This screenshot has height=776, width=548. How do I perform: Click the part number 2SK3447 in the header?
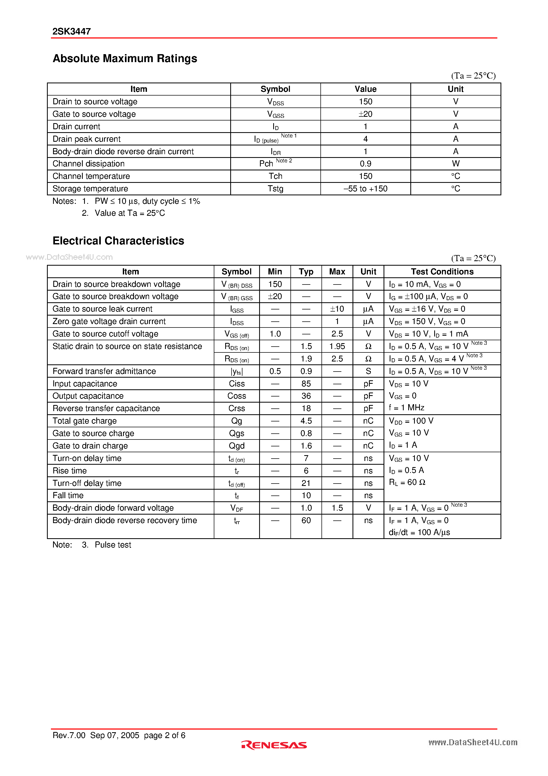point(72,31)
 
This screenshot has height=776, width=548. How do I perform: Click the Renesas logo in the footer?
point(274,745)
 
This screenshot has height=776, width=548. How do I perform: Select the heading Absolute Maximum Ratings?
point(125,58)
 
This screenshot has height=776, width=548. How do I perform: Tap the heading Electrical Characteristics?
point(118,241)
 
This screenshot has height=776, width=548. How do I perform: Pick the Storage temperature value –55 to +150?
point(365,189)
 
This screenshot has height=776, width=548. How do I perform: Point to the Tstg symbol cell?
point(275,189)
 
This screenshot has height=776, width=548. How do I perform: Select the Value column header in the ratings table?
point(365,89)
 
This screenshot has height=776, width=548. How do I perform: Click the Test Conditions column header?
point(442,272)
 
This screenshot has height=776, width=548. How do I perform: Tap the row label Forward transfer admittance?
point(104,371)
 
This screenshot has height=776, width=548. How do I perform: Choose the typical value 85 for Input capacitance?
point(306,383)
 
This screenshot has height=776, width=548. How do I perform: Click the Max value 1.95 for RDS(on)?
point(337,346)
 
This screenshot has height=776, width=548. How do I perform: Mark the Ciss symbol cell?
point(237,383)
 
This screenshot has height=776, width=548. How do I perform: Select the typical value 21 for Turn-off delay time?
point(306,483)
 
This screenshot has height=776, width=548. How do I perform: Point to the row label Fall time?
point(68,495)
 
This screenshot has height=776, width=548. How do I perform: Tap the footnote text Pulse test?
point(113,545)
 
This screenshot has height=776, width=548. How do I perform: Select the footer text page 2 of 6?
point(164,735)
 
